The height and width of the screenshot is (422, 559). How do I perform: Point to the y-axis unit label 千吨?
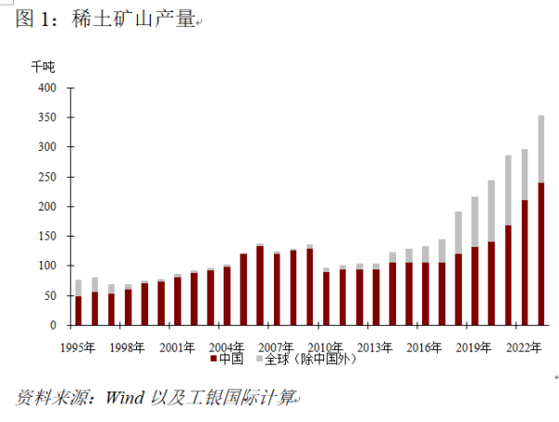43,67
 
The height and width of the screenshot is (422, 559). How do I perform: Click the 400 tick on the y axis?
47,88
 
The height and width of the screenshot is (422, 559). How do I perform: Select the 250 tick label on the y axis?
47,177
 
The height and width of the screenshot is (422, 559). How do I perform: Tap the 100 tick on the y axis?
47,266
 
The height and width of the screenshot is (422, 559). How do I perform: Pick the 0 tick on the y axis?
54,326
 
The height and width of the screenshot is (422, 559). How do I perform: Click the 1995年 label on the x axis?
77,347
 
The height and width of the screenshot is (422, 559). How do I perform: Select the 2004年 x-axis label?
226,347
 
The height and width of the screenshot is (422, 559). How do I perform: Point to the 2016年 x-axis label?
425,347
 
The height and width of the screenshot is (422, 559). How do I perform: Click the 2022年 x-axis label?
524,347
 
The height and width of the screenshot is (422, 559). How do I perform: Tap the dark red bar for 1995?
78,311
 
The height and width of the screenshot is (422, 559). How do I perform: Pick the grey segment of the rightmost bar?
541,149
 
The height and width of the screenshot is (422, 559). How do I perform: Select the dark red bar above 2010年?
326,298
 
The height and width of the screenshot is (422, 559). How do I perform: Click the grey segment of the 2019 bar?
475,223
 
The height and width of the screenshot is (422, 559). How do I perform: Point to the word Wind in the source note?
124,398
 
